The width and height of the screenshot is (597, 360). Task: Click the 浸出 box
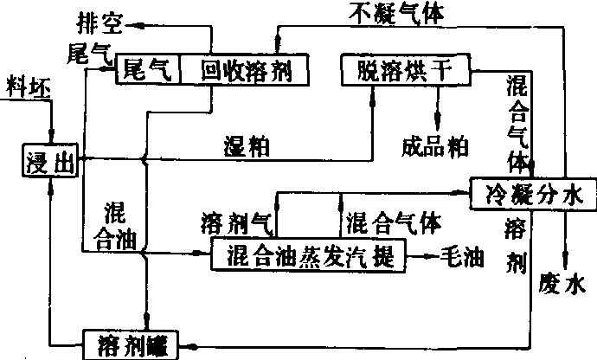(x=49, y=160)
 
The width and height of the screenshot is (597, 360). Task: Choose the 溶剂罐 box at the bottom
(x=131, y=345)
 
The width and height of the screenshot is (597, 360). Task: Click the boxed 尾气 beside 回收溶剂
(x=147, y=69)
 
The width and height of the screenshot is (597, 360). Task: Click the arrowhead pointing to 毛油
(x=433, y=257)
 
